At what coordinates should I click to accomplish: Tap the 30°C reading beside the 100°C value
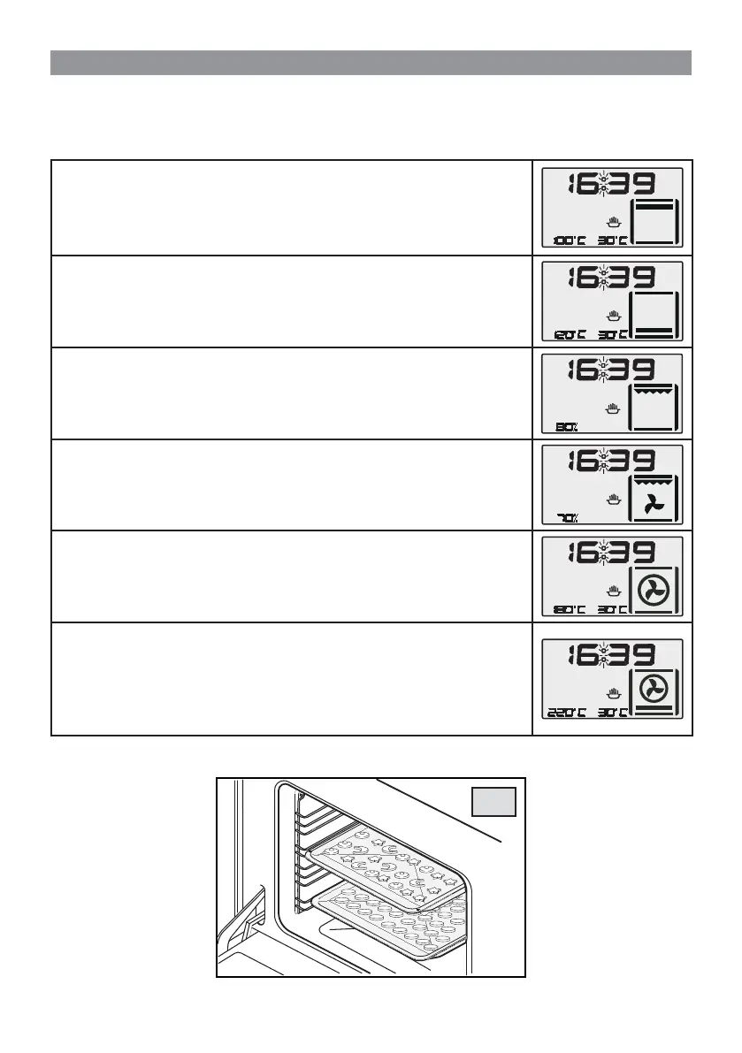612,240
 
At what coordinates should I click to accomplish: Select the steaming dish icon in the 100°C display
613,222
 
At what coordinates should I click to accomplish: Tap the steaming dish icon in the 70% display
613,500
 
